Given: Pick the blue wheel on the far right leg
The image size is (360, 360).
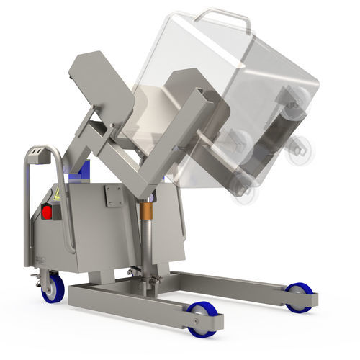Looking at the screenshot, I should click(298, 297).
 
